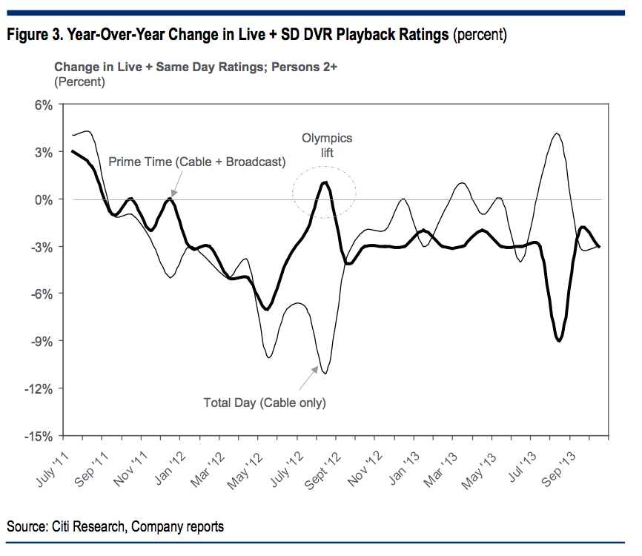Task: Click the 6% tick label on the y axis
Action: [43, 105]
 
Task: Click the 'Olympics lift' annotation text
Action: [326, 145]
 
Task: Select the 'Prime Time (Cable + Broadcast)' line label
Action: [196, 162]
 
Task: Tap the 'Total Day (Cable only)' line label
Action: [265, 403]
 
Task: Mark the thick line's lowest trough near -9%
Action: [558, 340]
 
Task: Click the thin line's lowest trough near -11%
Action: [325, 373]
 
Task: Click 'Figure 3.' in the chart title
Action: [32, 34]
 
